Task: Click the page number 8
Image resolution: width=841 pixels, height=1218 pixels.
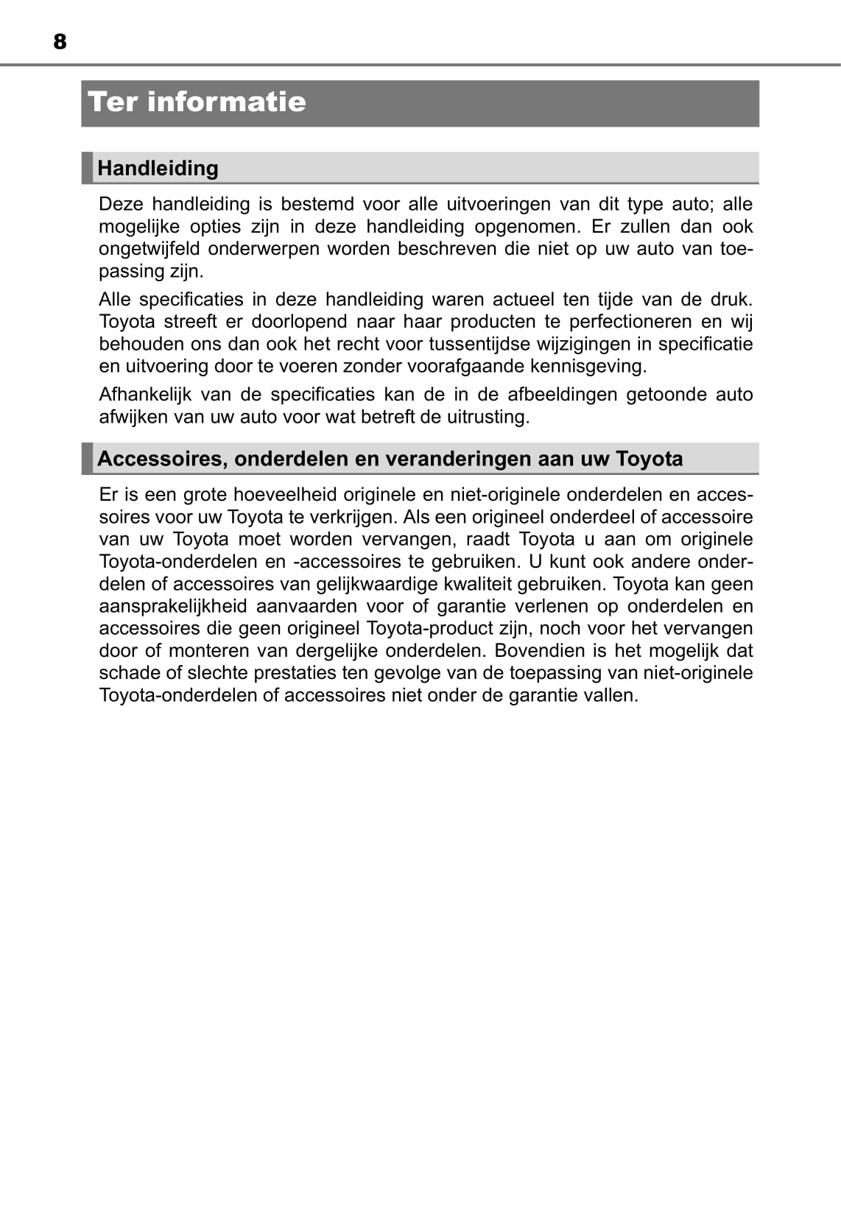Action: click(60, 42)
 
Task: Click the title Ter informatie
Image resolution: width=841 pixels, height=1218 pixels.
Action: click(197, 102)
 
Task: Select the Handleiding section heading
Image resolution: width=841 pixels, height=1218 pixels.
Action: click(158, 168)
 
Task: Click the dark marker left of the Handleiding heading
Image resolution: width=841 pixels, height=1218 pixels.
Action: click(88, 168)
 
